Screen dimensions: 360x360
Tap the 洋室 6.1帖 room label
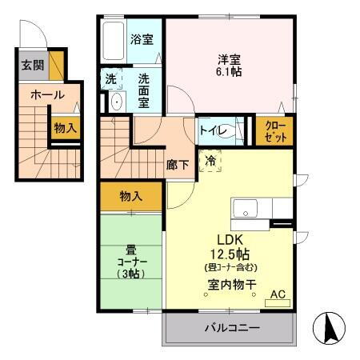(229, 65)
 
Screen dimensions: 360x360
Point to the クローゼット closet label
(274, 130)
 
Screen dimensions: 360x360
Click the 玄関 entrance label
(32, 66)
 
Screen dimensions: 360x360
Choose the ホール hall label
(47, 94)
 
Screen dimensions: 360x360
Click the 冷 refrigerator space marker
(211, 160)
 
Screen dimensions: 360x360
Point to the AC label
(278, 294)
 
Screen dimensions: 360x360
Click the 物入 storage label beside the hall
(65, 127)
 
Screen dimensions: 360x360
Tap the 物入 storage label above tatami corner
(130, 196)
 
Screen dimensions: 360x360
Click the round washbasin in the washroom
(115, 102)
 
